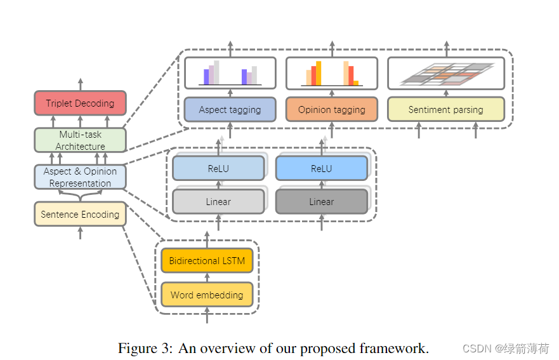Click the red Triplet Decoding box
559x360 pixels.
(x=80, y=103)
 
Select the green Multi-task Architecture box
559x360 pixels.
(x=80, y=140)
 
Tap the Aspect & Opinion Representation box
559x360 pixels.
(x=80, y=177)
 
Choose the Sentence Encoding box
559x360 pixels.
(x=80, y=214)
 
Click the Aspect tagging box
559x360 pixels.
(x=230, y=109)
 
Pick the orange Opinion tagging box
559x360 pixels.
(x=331, y=109)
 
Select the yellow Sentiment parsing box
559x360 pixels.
(x=445, y=109)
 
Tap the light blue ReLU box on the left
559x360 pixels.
(x=218, y=169)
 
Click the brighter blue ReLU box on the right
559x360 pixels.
(x=321, y=169)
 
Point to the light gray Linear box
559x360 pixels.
(x=218, y=201)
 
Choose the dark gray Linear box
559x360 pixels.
(x=321, y=201)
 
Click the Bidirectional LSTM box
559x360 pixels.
(x=207, y=261)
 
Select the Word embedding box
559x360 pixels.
(x=207, y=295)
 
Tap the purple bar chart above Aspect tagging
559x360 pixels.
(x=230, y=73)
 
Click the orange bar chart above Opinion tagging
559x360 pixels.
(x=331, y=73)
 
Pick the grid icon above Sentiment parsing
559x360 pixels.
(x=445, y=74)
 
